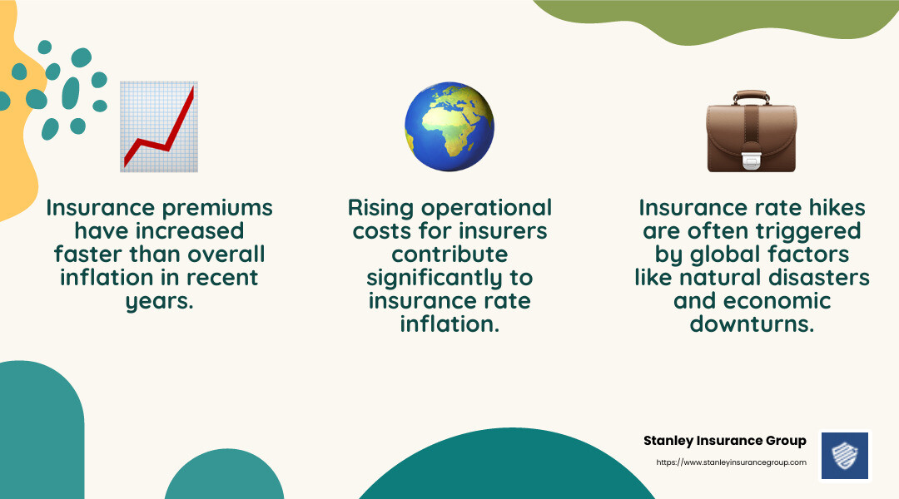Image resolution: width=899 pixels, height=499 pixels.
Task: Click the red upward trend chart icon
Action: [159, 126]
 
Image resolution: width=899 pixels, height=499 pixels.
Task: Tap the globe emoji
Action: [449, 126]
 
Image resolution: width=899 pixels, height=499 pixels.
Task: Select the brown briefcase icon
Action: [752, 131]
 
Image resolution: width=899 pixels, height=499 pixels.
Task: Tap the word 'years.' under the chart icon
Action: [159, 301]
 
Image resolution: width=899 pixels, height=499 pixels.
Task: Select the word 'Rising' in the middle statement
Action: [380, 209]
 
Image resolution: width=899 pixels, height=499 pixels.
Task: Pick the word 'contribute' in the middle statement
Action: [449, 254]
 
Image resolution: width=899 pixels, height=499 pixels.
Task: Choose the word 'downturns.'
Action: [752, 324]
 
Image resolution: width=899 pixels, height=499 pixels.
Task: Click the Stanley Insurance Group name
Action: [725, 441]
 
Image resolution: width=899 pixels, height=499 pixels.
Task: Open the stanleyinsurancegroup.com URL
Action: [731, 462]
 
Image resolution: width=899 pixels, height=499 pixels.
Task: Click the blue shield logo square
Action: [845, 456]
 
